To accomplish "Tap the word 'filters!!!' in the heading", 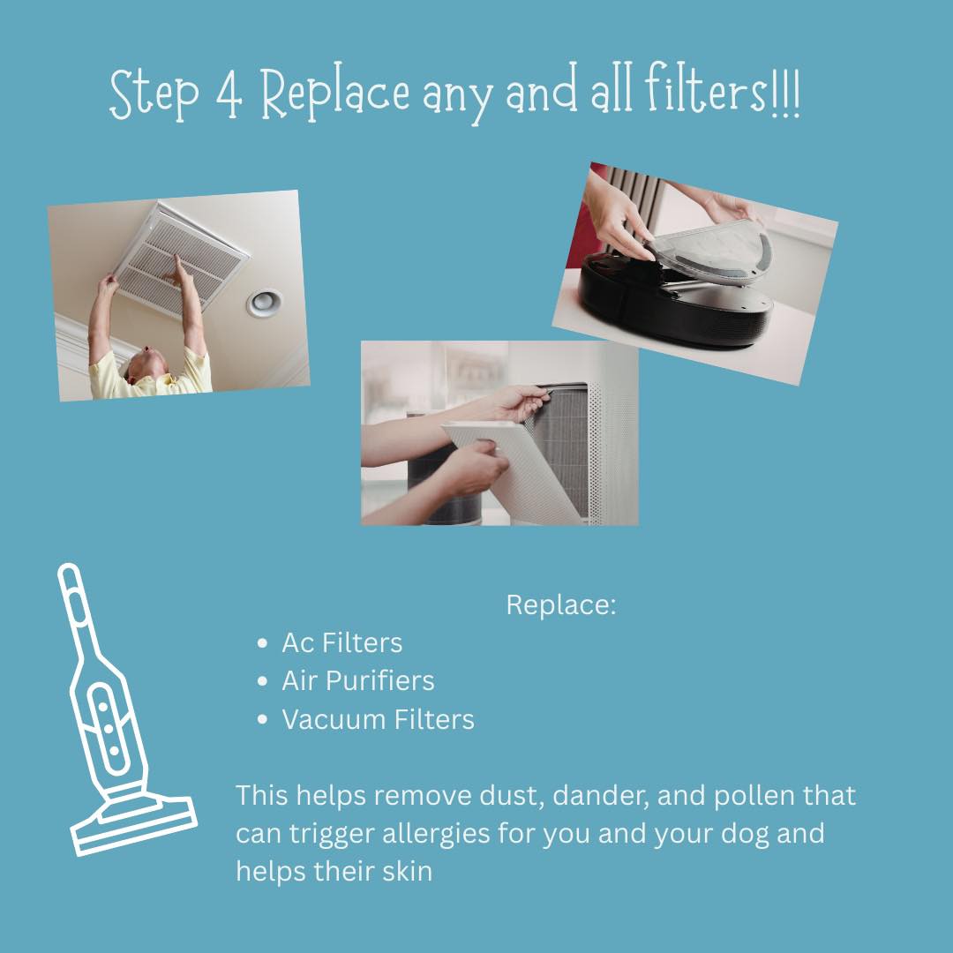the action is [724, 90].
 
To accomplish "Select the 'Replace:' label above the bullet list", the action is [561, 604].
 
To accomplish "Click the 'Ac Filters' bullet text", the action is [341, 643].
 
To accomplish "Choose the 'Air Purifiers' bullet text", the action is [358, 680].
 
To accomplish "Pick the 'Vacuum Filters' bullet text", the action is [378, 719].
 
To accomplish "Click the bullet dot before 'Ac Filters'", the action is [263, 643].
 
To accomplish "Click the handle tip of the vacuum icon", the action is [68, 570].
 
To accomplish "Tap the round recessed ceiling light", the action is [265, 303].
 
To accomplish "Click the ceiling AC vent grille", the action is [181, 259].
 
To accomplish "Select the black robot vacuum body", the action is [675, 304].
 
